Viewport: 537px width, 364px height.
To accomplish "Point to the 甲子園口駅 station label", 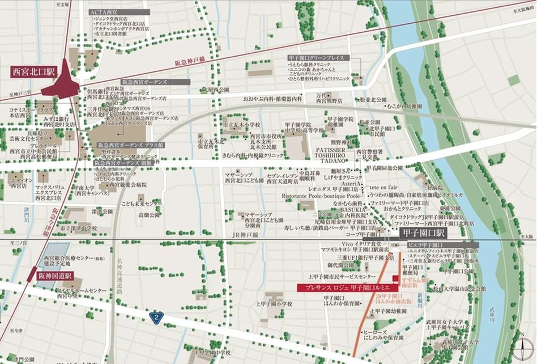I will tap(424, 233).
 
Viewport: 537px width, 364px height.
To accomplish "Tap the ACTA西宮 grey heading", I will tap(120, 11).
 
